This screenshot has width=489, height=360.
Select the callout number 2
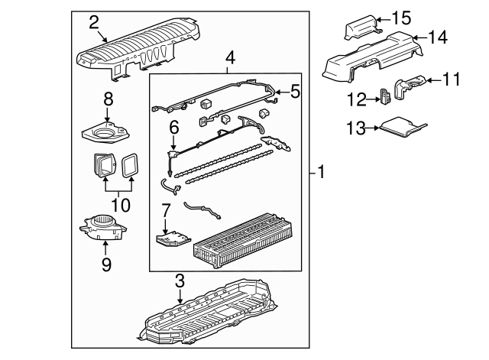(x=94, y=21)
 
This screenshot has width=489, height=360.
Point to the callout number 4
(x=231, y=57)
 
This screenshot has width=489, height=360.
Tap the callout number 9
(x=106, y=264)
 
